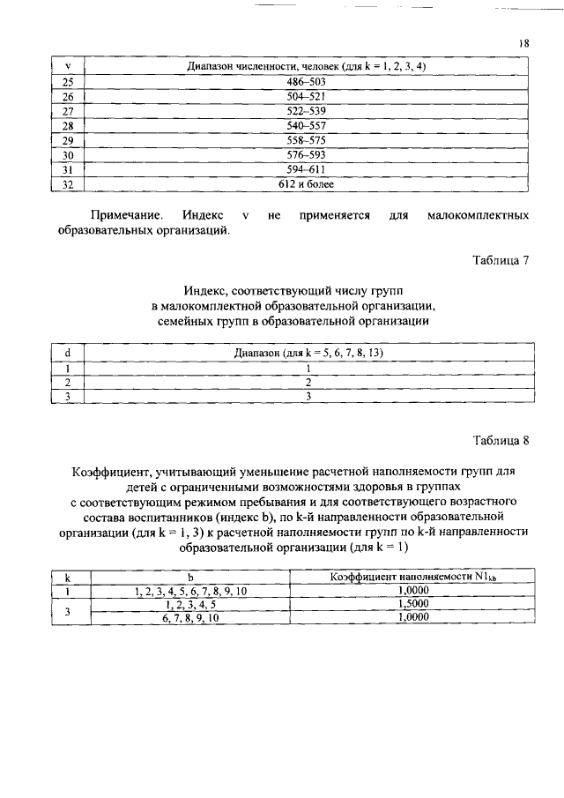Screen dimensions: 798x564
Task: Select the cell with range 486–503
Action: [307, 81]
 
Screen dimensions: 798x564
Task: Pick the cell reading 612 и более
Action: [307, 184]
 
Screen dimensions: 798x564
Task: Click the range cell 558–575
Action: [307, 140]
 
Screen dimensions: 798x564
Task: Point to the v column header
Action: [68, 66]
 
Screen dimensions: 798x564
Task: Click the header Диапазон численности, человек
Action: [307, 66]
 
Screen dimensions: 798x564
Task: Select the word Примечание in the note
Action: [126, 215]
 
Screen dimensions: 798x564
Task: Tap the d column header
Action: [68, 353]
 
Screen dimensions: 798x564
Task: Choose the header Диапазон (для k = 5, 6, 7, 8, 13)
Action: [308, 353]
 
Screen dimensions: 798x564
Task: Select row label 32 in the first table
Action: [68, 184]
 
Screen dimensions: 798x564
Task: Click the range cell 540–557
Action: [307, 125]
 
